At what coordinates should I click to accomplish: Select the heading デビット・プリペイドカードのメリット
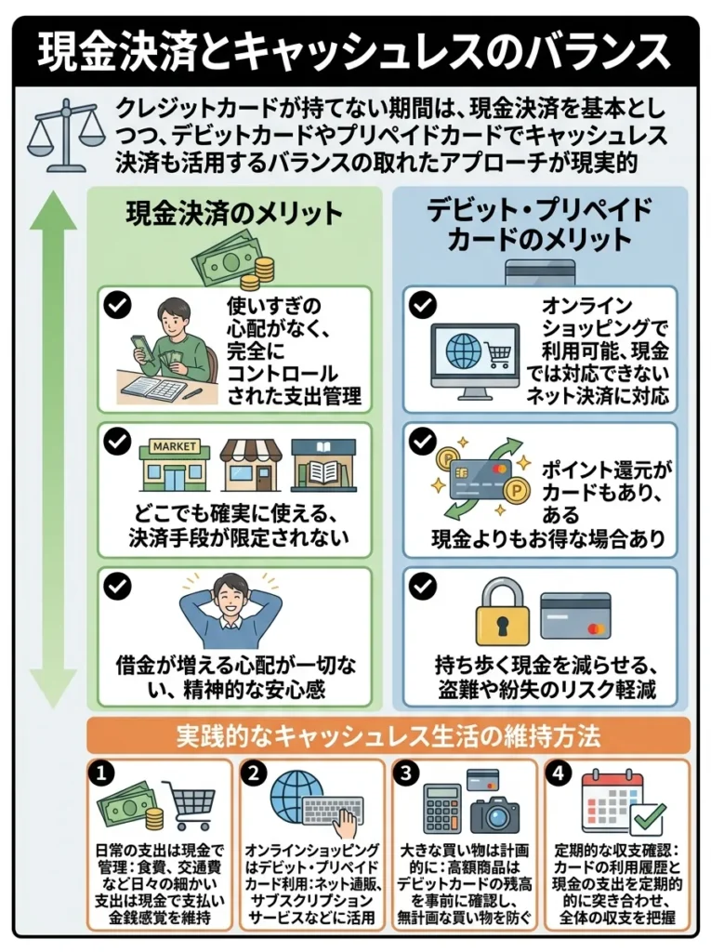pos(539,224)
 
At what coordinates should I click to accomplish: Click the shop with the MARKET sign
pos(174,464)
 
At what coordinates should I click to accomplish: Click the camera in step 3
pos(494,813)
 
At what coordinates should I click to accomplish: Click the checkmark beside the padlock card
pos(423,587)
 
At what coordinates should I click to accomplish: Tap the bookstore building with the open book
pos(323,464)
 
